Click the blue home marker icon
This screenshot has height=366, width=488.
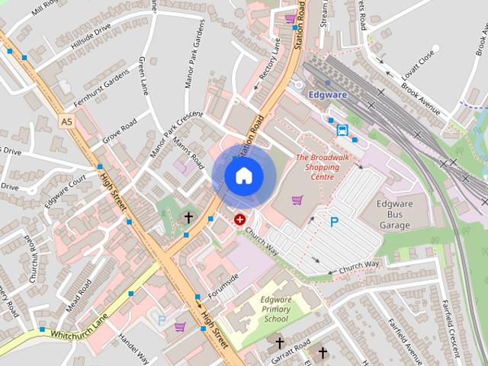coord(243,175)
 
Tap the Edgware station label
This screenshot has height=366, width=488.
coord(329,95)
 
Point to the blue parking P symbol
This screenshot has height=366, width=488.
coord(334,223)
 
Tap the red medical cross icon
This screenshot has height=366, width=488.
coord(240,220)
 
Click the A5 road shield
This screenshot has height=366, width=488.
coord(67,120)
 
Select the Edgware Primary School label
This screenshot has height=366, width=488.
coord(275,309)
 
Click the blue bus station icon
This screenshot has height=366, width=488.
coord(342,130)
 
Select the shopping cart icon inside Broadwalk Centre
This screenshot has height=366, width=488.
coord(297,201)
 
